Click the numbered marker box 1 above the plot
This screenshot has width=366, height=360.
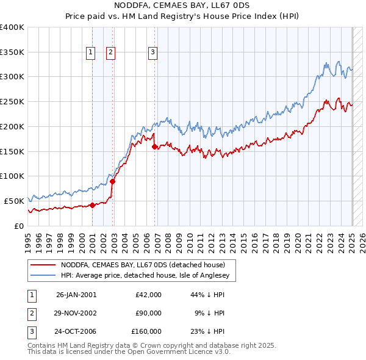point(90,52)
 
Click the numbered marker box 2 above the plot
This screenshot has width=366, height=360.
point(110,52)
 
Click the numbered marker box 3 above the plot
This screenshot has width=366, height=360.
point(152,52)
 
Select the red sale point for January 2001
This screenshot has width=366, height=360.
point(92,205)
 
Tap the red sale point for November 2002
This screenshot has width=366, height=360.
point(112,181)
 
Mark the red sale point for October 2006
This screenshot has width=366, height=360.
point(154,146)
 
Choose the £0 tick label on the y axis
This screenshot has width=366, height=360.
point(18,226)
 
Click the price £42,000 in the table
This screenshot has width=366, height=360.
point(148,295)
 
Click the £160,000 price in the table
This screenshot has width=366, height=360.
point(146,331)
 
